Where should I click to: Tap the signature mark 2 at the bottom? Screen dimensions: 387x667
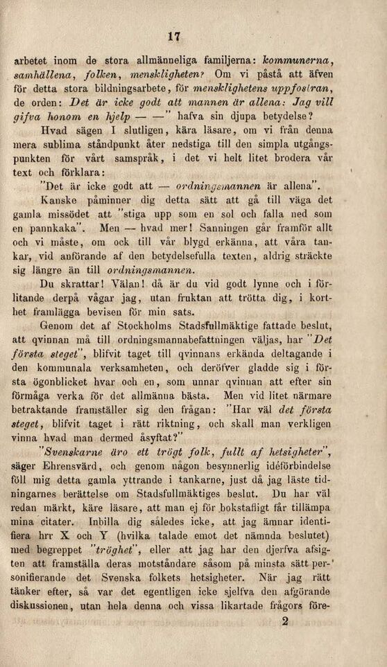click(284, 621)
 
